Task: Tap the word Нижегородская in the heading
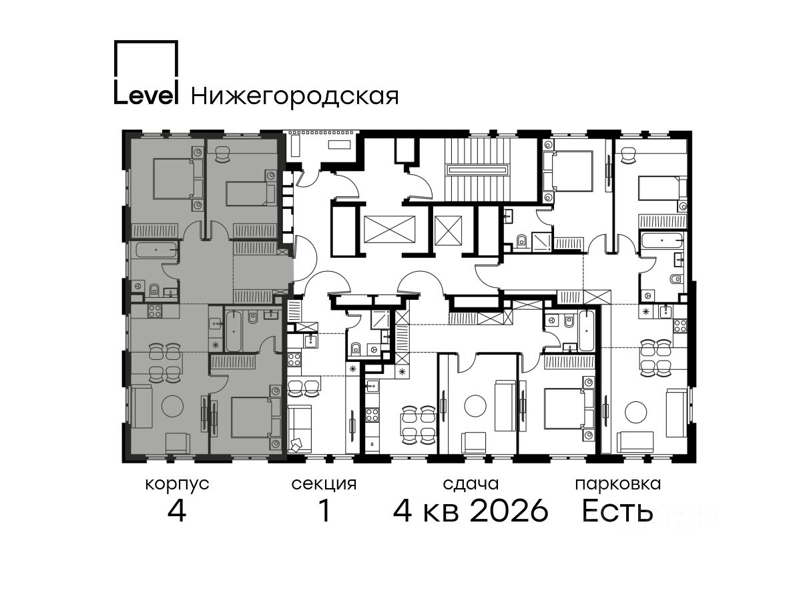point(295,97)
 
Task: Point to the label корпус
point(177,485)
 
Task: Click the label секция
point(324,485)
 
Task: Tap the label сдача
point(471,484)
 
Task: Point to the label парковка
point(618,485)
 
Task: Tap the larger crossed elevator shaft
point(390,229)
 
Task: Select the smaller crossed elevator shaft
point(448,230)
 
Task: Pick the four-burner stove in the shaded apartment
point(154,311)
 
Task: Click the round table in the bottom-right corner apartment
point(635,412)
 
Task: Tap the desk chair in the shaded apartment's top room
point(222,154)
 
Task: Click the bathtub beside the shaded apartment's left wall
point(157,250)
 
